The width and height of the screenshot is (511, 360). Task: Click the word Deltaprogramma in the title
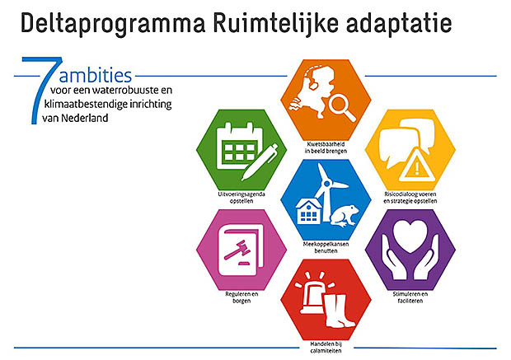[113, 23]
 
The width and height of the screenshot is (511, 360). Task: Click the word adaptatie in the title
[399, 23]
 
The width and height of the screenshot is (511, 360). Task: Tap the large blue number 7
[42, 91]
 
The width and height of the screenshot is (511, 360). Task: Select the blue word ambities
[95, 75]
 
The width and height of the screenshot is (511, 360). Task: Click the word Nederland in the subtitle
[84, 118]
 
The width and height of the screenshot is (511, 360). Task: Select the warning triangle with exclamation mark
[416, 166]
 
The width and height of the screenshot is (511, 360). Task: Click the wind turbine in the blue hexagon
[328, 192]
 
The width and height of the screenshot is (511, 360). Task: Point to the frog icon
[344, 215]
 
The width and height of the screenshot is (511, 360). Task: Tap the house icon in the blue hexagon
[308, 212]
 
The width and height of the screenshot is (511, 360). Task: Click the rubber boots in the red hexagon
[338, 311]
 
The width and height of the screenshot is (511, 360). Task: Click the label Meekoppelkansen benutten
[326, 247]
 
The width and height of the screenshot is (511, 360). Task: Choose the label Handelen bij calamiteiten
[326, 348]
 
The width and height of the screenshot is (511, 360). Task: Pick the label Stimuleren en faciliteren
[410, 297]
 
